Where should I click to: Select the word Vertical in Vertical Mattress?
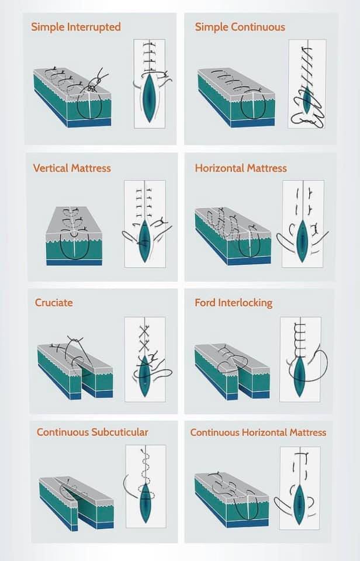point(51,168)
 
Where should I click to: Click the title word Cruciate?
point(54,303)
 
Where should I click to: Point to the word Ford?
point(205,303)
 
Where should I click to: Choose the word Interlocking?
point(245,303)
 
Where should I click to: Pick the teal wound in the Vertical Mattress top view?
point(144,240)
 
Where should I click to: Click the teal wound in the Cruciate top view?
point(144,375)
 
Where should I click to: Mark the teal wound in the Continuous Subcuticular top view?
point(146,503)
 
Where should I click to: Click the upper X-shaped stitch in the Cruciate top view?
point(144,331)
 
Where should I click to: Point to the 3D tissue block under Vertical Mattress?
point(74,236)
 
